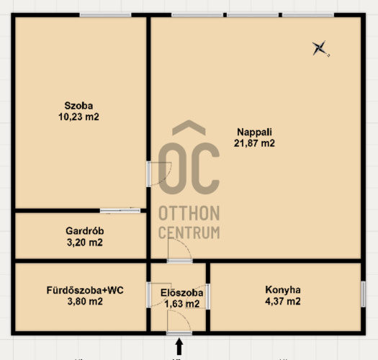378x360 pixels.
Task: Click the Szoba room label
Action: pyautogui.click(x=78, y=106)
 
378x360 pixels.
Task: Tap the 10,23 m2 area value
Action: pyautogui.click(x=78, y=117)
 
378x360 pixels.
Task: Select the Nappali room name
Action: pyautogui.click(x=254, y=132)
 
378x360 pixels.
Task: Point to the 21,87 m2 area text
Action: pyautogui.click(x=254, y=143)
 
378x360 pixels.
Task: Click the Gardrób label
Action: pyautogui.click(x=85, y=231)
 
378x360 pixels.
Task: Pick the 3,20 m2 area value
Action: pyautogui.click(x=85, y=243)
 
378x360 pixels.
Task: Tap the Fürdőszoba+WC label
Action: pyautogui.click(x=85, y=290)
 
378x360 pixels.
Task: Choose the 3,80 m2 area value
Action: pyautogui.click(x=85, y=302)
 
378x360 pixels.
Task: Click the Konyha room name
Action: pyautogui.click(x=283, y=290)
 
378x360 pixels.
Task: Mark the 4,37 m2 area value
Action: pyautogui.click(x=283, y=302)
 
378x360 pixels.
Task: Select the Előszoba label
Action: pyautogui.click(x=181, y=293)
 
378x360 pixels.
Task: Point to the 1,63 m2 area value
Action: pyautogui.click(x=181, y=304)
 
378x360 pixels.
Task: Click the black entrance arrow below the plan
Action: pyautogui.click(x=179, y=346)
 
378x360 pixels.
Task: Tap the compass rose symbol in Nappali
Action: pyautogui.click(x=320, y=48)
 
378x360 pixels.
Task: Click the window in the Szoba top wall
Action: pyautogui.click(x=105, y=15)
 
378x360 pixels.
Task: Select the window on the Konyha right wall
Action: pyautogui.click(x=364, y=294)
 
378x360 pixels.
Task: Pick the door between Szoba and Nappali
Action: pyautogui.click(x=149, y=174)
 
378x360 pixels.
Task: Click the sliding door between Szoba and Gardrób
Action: pyautogui.click(x=120, y=211)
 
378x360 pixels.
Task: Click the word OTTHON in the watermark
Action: pyautogui.click(x=189, y=213)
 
